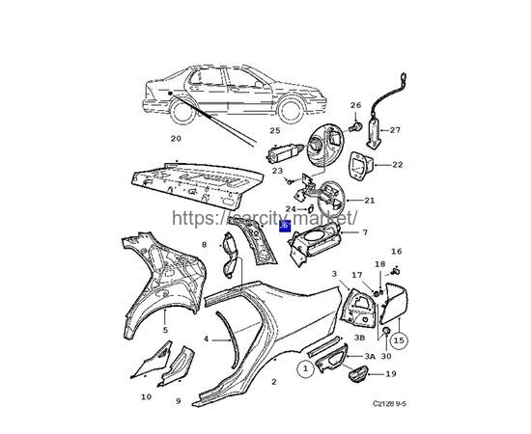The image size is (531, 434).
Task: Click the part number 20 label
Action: pyautogui.click(x=175, y=138)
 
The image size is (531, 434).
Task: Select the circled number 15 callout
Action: pyautogui.click(x=399, y=339)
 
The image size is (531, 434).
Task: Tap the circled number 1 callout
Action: pyautogui.click(x=305, y=367)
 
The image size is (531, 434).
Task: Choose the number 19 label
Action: pyautogui.click(x=391, y=373)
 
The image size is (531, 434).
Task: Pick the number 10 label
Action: pyautogui.click(x=146, y=396)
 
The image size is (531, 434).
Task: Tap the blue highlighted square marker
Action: pyautogui.click(x=285, y=225)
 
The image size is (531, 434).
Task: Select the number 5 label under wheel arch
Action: pyautogui.click(x=165, y=330)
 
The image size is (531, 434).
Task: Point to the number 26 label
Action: pyautogui.click(x=354, y=105)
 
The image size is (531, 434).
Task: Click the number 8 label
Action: pyautogui.click(x=204, y=245)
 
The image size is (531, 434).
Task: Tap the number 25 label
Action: pyautogui.click(x=275, y=129)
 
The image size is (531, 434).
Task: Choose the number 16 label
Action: pyautogui.click(x=396, y=251)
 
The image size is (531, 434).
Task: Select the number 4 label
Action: pyautogui.click(x=206, y=339)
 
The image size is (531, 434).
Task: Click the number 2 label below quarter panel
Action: pyautogui.click(x=273, y=382)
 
